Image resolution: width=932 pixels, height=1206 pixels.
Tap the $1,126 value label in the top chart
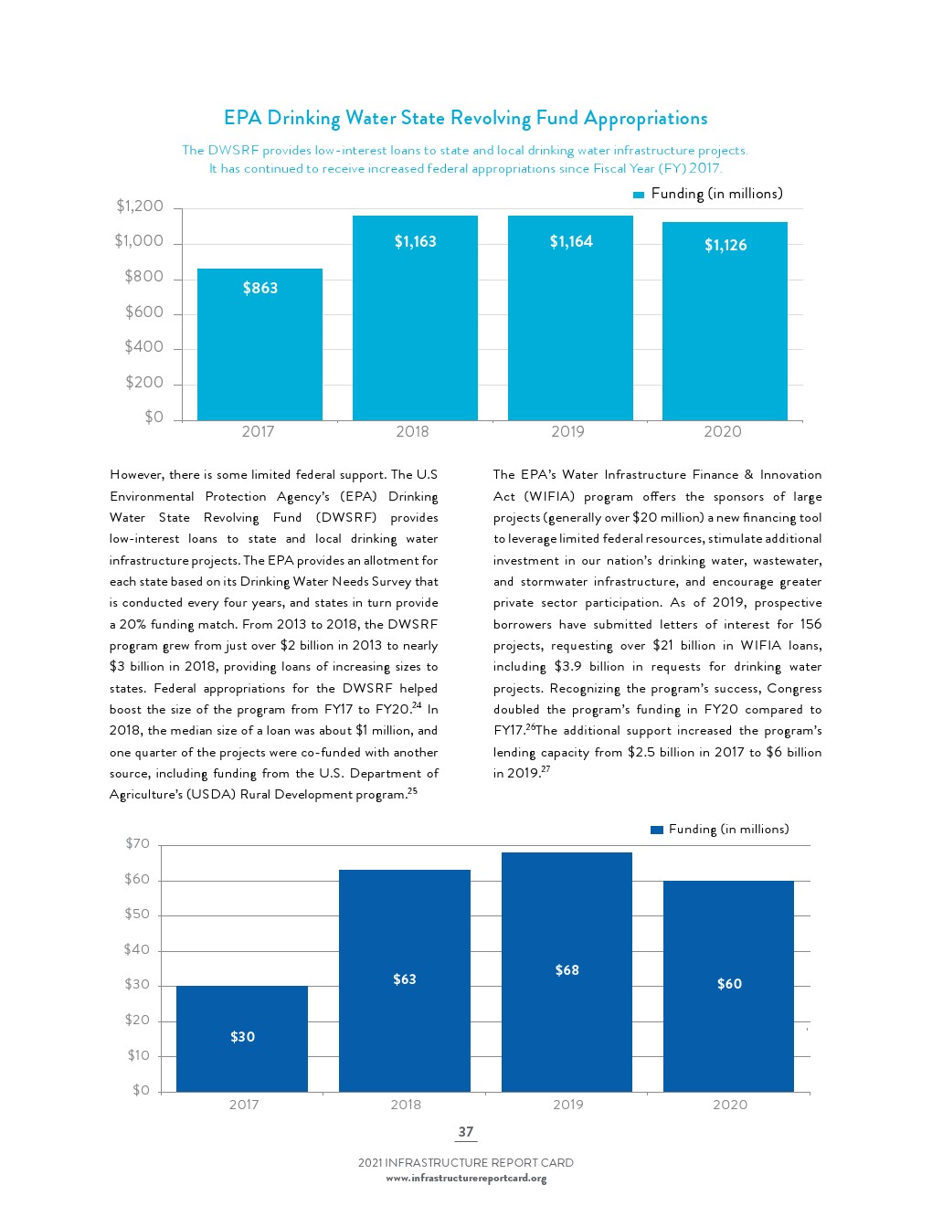(x=725, y=245)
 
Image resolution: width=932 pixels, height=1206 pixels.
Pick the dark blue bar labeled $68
(x=567, y=972)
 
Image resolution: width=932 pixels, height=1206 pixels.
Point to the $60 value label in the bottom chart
(x=729, y=984)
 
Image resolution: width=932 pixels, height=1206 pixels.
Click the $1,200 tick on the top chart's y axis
(x=140, y=206)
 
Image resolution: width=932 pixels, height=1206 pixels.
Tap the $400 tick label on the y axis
(x=144, y=347)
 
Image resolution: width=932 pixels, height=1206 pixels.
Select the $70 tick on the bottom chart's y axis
(x=138, y=844)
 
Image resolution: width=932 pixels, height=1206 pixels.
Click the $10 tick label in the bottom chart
(x=138, y=1056)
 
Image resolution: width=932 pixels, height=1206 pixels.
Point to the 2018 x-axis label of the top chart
(x=412, y=432)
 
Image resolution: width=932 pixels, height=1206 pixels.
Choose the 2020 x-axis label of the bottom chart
(x=730, y=1105)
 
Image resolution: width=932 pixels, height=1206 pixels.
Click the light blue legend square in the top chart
(x=640, y=195)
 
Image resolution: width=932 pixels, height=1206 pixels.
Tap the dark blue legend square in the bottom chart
(x=657, y=830)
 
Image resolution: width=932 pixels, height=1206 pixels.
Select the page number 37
(x=466, y=1132)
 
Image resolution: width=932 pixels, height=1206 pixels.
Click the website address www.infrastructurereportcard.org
(x=466, y=1179)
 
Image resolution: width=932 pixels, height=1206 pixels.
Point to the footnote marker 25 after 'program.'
(x=413, y=791)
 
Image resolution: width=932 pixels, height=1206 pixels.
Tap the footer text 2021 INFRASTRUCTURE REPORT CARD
(x=466, y=1163)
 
